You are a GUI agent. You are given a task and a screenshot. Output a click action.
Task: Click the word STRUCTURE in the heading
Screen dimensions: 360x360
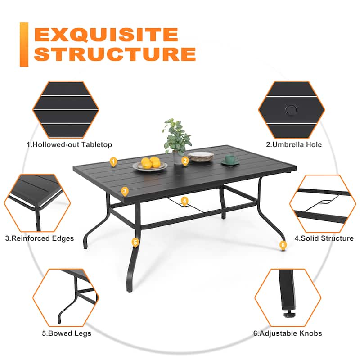tap(115, 54)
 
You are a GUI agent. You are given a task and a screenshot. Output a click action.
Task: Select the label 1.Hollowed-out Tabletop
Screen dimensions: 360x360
tap(69, 144)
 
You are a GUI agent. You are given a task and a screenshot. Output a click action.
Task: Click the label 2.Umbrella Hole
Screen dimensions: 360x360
tap(293, 144)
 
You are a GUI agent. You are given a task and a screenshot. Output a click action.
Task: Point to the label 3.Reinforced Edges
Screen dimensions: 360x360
tap(40, 238)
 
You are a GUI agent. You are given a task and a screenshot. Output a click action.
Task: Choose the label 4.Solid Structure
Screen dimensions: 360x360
tap(324, 238)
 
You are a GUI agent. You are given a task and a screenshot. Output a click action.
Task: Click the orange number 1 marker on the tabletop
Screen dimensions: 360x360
tap(113, 161)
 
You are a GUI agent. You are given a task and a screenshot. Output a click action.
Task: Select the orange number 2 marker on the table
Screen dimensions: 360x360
tap(184, 161)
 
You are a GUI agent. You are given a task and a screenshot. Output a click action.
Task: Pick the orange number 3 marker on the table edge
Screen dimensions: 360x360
tap(125, 191)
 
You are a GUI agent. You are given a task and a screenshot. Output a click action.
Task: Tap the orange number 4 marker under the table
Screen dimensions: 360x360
tap(184, 201)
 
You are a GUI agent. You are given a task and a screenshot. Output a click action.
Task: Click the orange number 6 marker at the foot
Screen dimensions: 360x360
tap(283, 245)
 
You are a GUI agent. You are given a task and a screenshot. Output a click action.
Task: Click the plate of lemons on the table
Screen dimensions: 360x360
tap(150, 164)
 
